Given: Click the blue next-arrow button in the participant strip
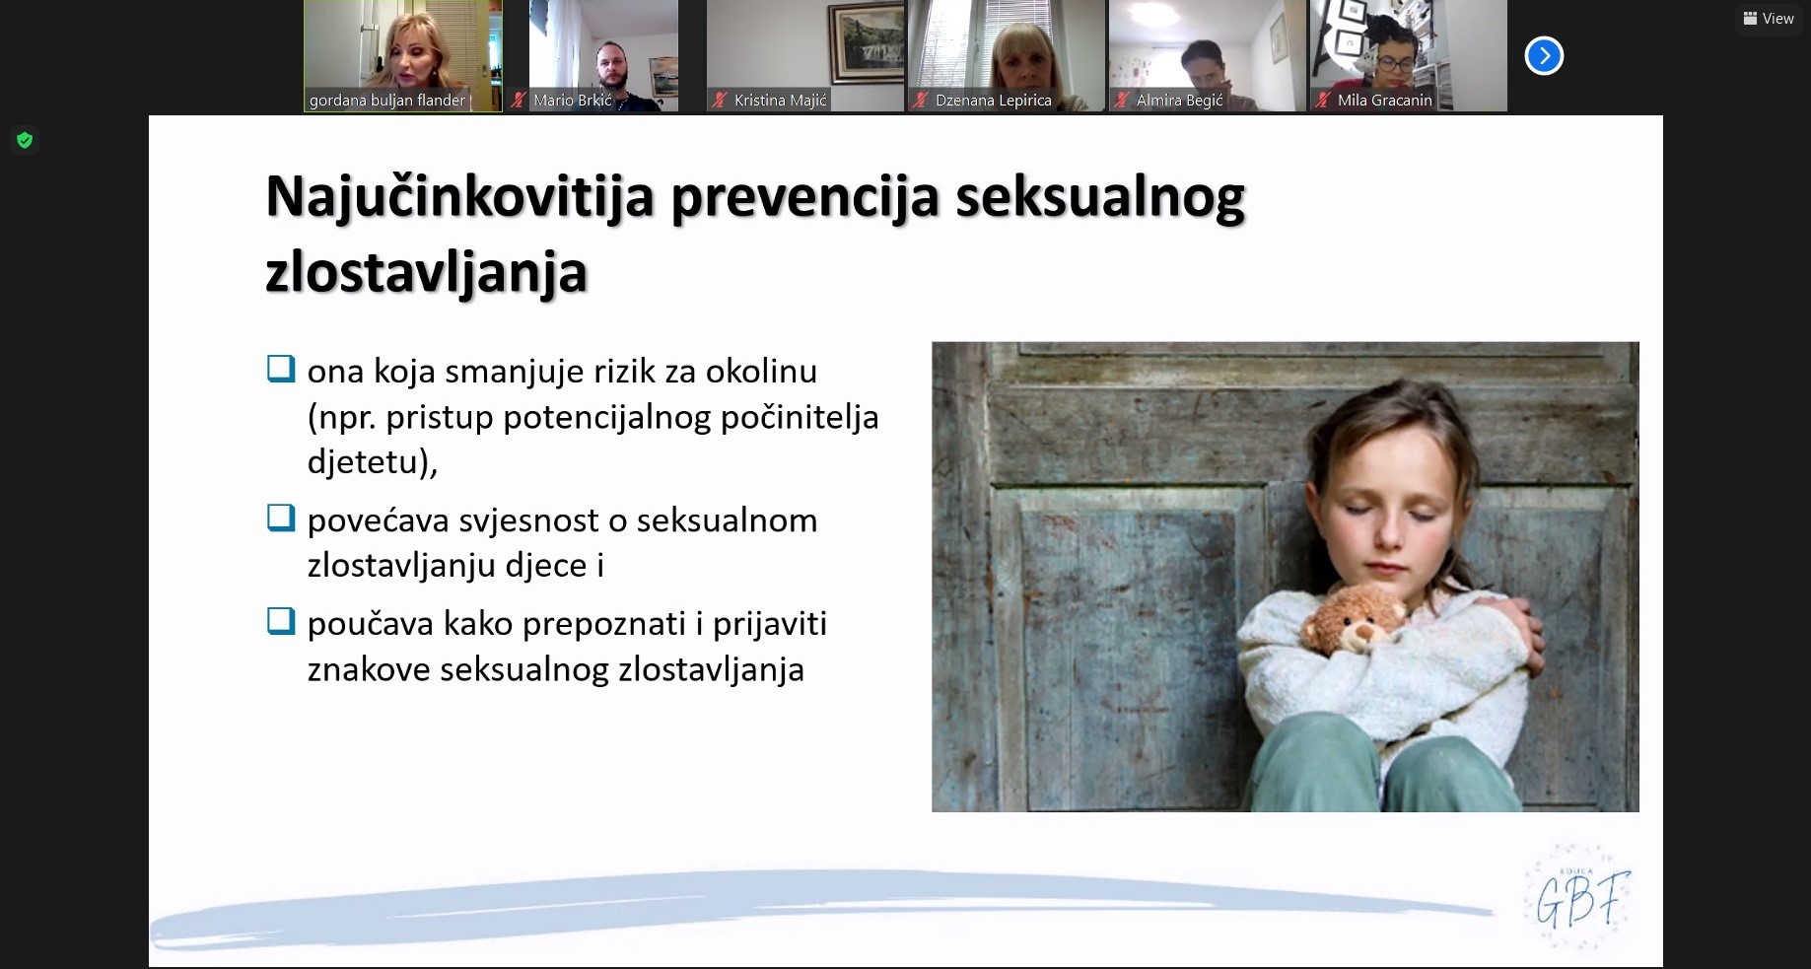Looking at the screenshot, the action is click(1544, 56).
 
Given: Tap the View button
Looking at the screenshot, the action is click(1769, 19).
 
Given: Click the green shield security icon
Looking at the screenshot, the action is click(25, 140).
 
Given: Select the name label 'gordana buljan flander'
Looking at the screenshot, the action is click(387, 100).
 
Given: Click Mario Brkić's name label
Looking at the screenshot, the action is click(573, 100).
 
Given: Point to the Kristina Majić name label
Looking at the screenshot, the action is click(781, 100).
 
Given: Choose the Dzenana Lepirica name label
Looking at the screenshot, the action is click(994, 100).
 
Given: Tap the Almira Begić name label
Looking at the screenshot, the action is click(1179, 100).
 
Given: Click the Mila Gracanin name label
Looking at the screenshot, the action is click(1384, 100).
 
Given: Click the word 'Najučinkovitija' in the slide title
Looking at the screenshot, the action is click(460, 197).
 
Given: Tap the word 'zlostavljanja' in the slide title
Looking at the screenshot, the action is click(427, 273).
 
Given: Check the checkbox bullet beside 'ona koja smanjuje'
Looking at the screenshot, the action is click(281, 369).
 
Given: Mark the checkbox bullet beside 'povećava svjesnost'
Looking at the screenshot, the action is click(281, 518).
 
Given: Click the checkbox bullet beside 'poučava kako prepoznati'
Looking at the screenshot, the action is click(281, 621).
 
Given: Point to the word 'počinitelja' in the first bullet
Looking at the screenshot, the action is click(800, 418).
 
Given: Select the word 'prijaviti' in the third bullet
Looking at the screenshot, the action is click(770, 625).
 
